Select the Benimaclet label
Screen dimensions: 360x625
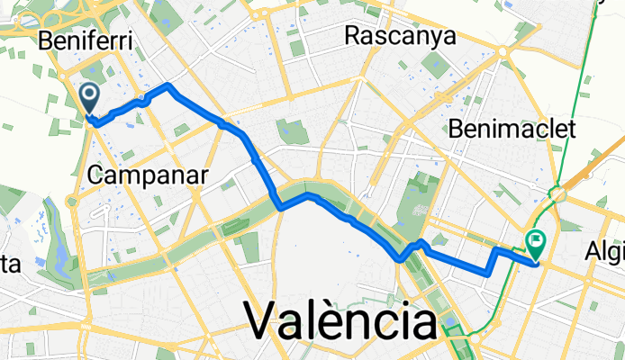coord(511,129)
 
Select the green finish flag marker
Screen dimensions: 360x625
coord(537,241)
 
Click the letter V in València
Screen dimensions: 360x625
coord(262,320)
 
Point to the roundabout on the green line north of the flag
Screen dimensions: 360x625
coord(559,193)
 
